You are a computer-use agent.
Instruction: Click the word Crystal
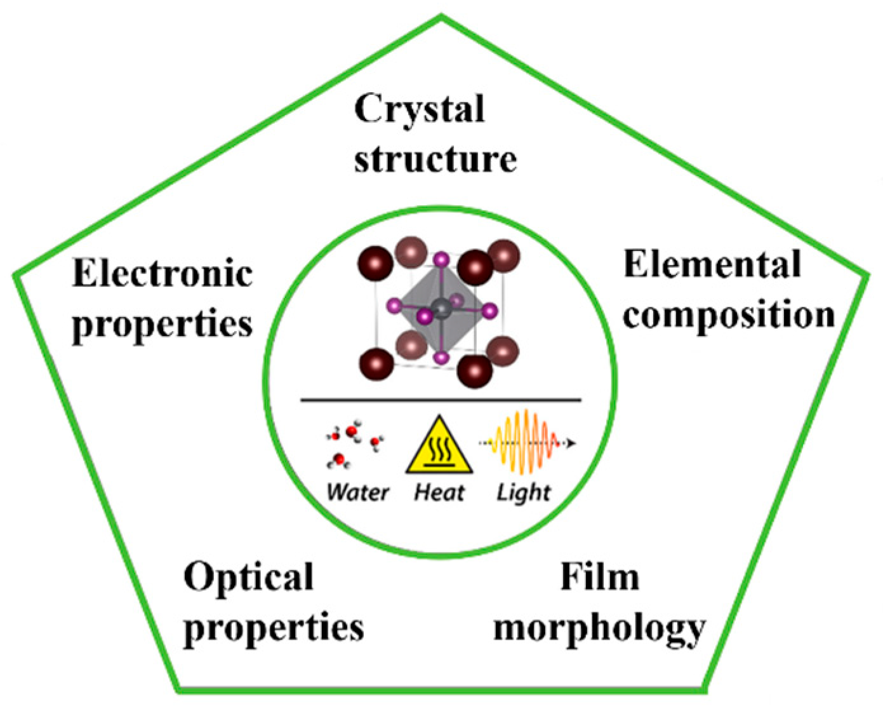tap(420, 109)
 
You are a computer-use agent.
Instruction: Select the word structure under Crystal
tap(435, 159)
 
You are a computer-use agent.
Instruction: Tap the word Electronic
tap(163, 274)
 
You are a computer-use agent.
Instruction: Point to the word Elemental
tap(712, 264)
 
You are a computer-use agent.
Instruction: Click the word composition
tap(728, 314)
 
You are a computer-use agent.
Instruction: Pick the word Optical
tap(248, 577)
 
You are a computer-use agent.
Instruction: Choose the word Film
tap(599, 577)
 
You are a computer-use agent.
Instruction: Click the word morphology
tap(599, 629)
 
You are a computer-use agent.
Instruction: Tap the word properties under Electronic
tap(163, 325)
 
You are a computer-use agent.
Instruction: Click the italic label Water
tap(357, 492)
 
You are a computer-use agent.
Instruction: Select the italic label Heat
tap(439, 492)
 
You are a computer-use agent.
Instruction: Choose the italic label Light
tap(523, 492)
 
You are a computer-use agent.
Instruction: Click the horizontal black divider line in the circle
tap(441, 400)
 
